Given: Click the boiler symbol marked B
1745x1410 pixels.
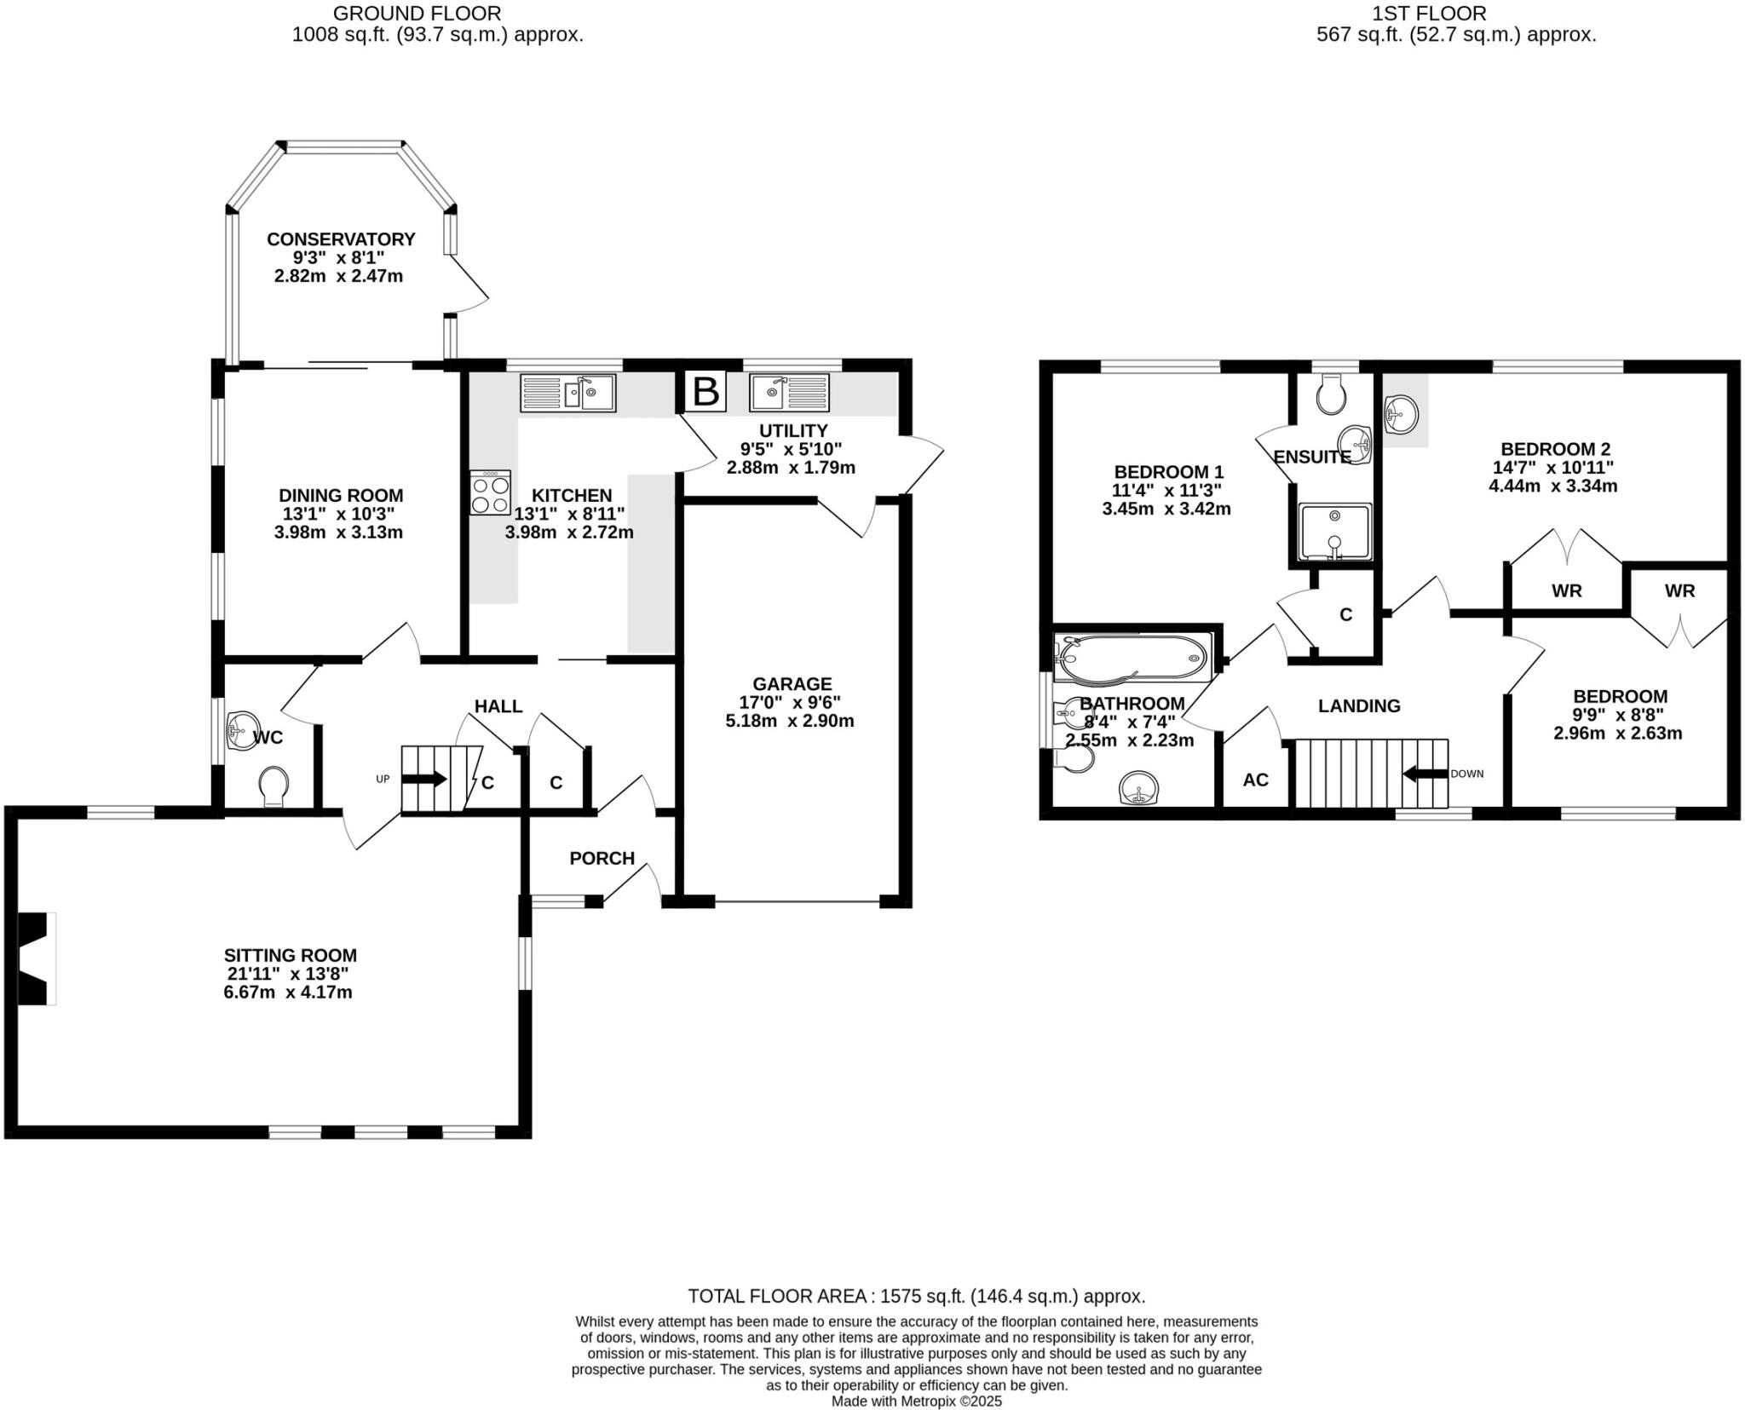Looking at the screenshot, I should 705,391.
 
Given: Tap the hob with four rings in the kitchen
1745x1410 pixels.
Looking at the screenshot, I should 491,492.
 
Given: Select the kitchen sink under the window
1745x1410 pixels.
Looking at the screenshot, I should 567,394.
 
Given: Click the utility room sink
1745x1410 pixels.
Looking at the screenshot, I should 789,393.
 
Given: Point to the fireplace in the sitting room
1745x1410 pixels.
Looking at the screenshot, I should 35,958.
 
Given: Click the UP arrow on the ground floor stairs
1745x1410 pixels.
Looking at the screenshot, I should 423,779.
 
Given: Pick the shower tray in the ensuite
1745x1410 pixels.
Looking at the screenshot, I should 1334,532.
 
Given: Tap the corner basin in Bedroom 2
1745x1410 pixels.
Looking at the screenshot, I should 1401,415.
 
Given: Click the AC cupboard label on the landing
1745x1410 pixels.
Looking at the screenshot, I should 1255,780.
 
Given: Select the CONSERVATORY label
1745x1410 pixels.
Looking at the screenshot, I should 341,239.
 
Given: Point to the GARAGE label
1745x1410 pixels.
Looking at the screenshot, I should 792,683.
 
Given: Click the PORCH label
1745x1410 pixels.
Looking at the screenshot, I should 602,858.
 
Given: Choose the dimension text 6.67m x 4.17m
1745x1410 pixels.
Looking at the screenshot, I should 288,993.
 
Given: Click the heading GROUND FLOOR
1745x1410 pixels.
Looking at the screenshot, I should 417,14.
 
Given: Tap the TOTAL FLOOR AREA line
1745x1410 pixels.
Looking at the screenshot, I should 916,1297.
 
